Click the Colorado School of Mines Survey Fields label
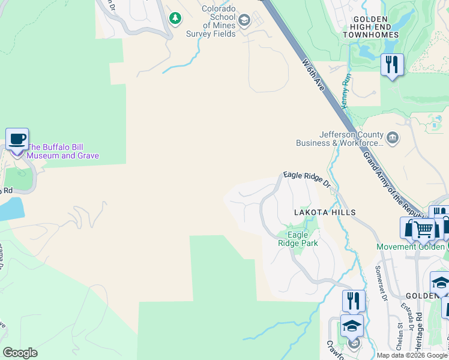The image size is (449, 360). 218,22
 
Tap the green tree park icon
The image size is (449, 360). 175,18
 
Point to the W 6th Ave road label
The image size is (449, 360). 313,75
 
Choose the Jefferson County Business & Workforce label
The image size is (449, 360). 339,139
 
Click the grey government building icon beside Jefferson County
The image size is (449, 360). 393,138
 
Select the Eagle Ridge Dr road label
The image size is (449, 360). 307,179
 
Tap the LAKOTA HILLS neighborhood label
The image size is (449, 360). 324,212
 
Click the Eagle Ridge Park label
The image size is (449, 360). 297,239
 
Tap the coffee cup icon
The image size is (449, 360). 17,140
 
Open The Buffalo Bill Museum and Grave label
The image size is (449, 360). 63,151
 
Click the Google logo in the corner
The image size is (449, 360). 20,353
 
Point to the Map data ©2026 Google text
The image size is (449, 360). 411,355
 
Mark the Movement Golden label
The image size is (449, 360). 412,247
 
